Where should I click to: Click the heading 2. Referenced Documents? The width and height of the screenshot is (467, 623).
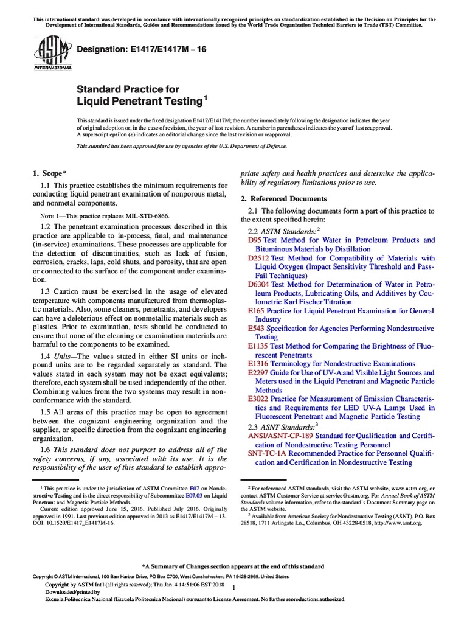[284, 198]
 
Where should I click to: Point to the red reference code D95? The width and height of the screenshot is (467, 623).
[255, 240]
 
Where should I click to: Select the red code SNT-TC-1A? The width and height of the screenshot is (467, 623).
[266, 453]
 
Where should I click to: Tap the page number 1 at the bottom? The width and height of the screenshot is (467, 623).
[234, 587]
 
